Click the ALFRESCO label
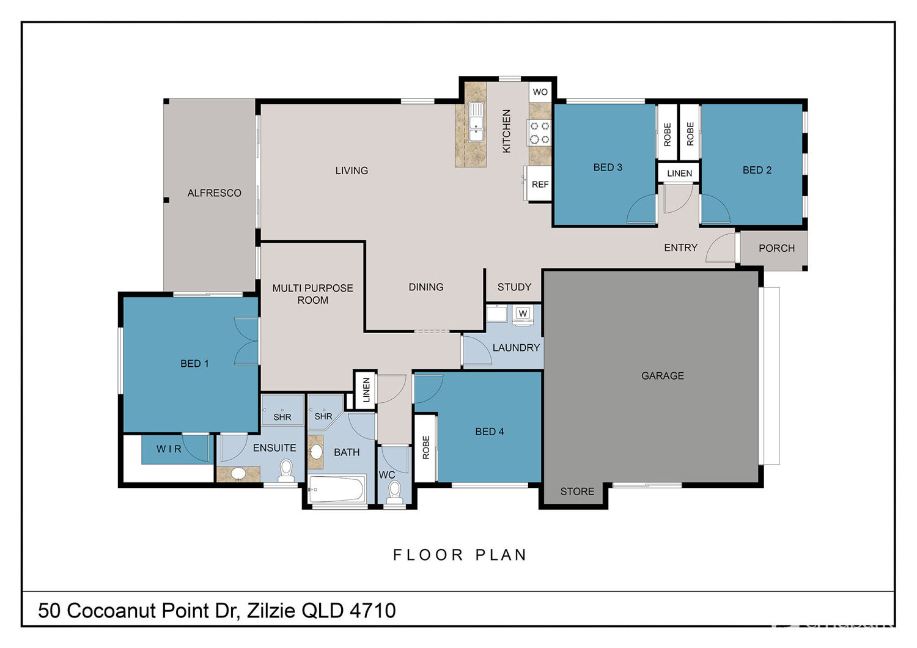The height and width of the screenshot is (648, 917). [x=214, y=193]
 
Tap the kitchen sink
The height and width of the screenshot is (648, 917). [x=476, y=122]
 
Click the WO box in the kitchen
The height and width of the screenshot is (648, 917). [x=540, y=92]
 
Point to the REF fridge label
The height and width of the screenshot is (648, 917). [x=540, y=185]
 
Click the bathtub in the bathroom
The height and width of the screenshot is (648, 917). [x=336, y=489]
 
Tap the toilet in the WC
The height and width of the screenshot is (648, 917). [x=394, y=492]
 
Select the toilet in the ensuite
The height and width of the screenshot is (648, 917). [x=286, y=470]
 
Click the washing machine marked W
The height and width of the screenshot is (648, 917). [x=523, y=315]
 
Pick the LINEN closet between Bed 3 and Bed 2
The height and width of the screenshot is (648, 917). [x=679, y=173]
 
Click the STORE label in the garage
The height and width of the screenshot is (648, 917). [x=577, y=492]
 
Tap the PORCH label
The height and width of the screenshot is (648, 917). [x=776, y=248]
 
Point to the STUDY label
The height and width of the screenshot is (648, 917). [x=514, y=287]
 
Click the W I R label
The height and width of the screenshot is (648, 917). [x=169, y=449]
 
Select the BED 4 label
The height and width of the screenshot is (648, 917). [x=490, y=432]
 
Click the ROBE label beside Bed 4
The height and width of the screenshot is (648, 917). [x=426, y=447]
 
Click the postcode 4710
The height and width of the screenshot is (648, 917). [x=373, y=610]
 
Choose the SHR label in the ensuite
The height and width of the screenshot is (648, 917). [x=282, y=417]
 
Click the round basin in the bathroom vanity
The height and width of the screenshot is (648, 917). [x=316, y=452]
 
